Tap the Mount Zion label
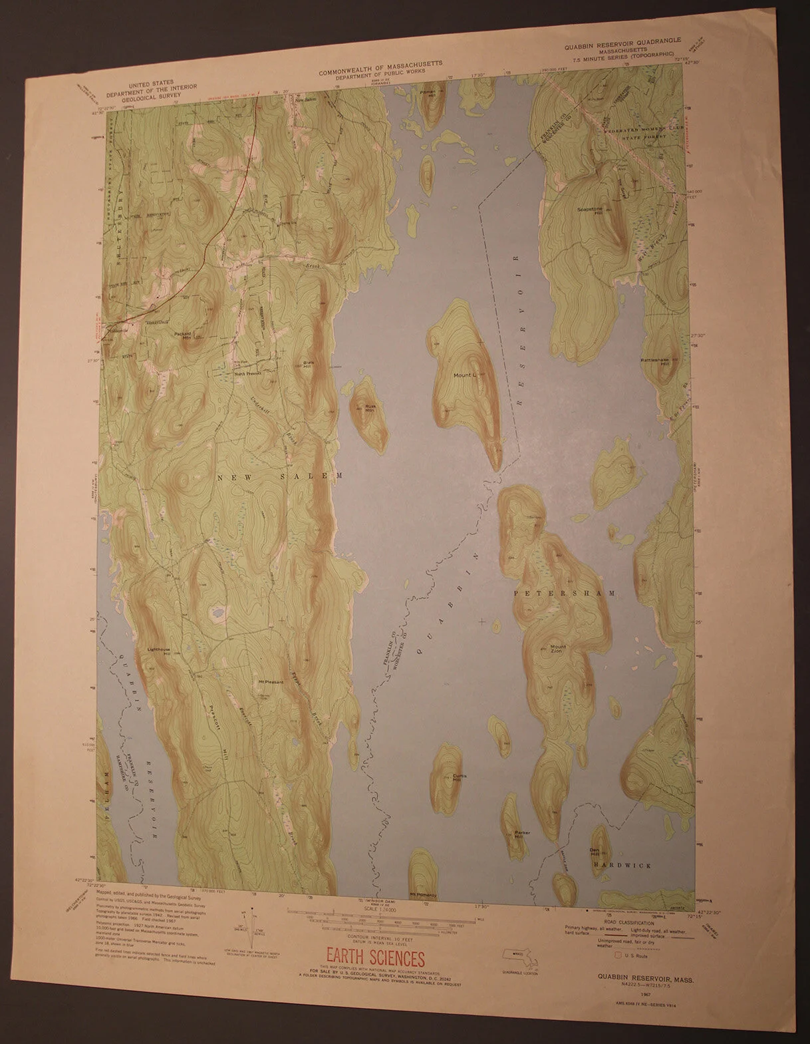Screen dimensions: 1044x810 coord(558,649)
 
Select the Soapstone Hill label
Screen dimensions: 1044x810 coord(591,211)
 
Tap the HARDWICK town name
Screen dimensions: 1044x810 coord(622,865)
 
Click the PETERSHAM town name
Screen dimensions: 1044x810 coord(561,592)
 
